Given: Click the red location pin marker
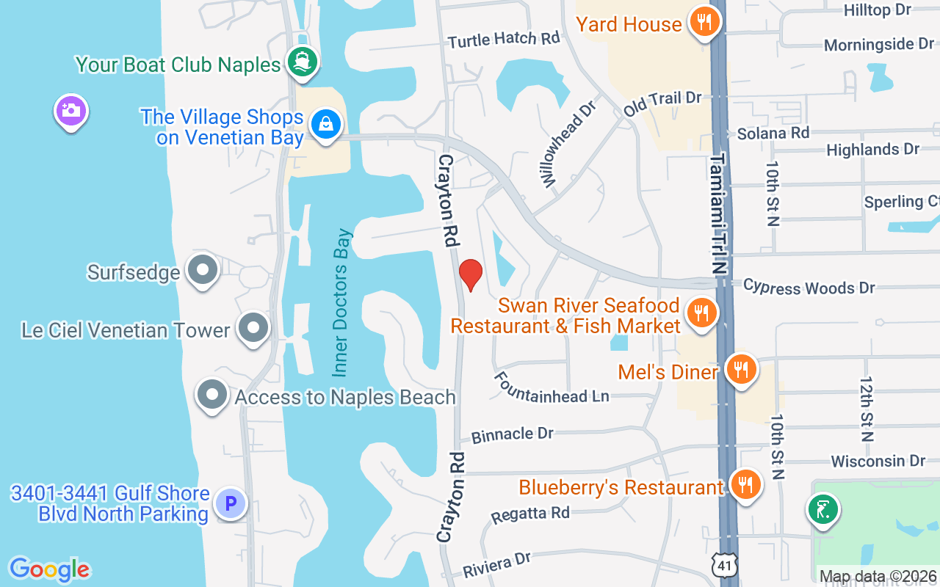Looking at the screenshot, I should (470, 274).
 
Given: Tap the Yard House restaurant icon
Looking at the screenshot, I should (704, 22).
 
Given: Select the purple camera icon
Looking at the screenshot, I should (71, 112).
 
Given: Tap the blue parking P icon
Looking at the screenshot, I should (231, 504).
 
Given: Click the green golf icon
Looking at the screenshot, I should (822, 509).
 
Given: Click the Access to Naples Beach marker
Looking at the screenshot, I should (212, 395).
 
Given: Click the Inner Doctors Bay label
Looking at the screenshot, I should (342, 302).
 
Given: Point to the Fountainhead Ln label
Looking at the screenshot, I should (551, 388).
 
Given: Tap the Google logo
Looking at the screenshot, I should (49, 569).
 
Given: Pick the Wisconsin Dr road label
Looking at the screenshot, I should (878, 461).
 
